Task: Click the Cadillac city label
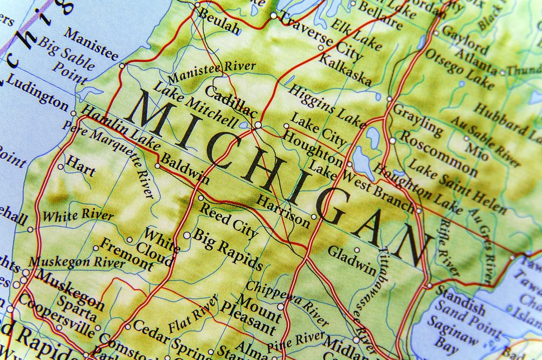tap(230, 101)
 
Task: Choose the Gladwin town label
tap(352, 260)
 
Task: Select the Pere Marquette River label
tap(108, 158)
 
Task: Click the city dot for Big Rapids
tap(187, 235)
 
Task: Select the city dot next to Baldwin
tap(158, 166)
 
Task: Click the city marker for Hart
tap(61, 166)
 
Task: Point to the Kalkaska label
tap(345, 70)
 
